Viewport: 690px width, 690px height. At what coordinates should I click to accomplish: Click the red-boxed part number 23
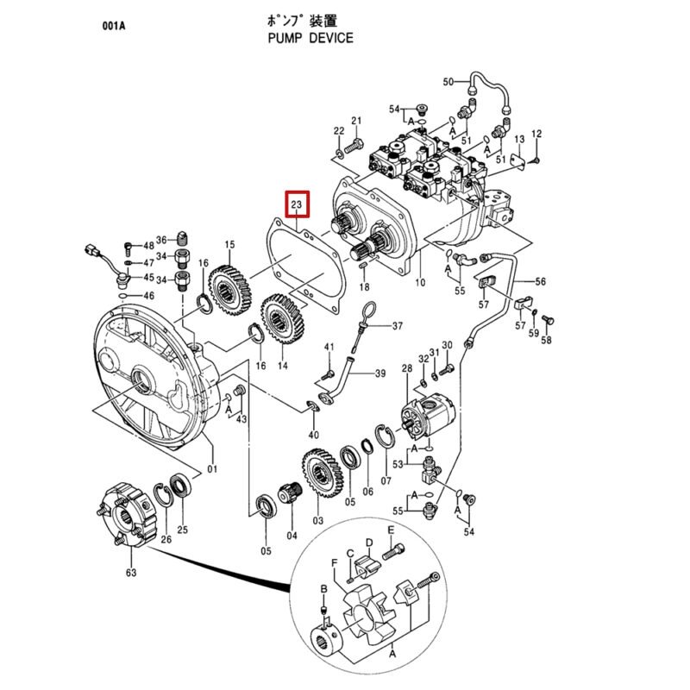[297, 204]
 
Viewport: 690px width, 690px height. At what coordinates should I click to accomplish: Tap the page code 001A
[113, 25]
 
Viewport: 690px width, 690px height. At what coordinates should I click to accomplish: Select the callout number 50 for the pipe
[448, 82]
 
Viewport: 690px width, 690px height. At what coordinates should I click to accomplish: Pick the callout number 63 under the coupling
[132, 571]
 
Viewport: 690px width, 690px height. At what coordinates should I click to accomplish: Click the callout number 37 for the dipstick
[398, 326]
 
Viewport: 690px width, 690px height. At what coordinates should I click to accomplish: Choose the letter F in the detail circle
[335, 562]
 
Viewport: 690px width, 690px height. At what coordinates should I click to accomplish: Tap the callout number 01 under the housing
[212, 470]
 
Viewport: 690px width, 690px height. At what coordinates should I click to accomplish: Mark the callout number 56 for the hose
[541, 281]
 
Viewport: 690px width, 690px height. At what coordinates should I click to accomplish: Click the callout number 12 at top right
[536, 134]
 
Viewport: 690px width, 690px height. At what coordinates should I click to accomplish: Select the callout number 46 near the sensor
[148, 296]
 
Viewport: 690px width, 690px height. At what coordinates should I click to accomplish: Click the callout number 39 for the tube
[379, 373]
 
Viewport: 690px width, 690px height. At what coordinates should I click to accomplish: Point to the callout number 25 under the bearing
[182, 530]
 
